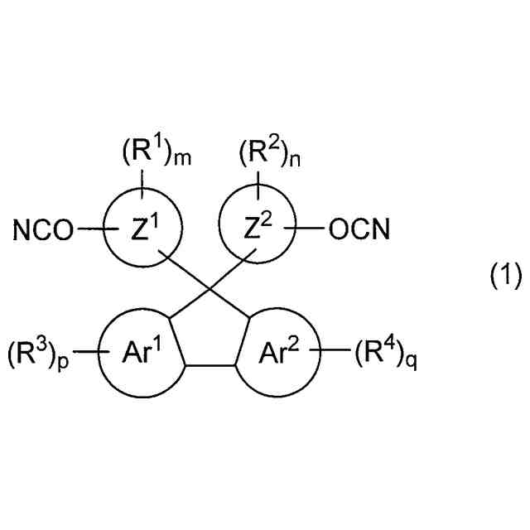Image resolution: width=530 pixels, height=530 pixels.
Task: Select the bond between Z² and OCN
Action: (x=311, y=229)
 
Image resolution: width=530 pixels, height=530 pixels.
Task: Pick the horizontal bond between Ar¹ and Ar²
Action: (x=210, y=364)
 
